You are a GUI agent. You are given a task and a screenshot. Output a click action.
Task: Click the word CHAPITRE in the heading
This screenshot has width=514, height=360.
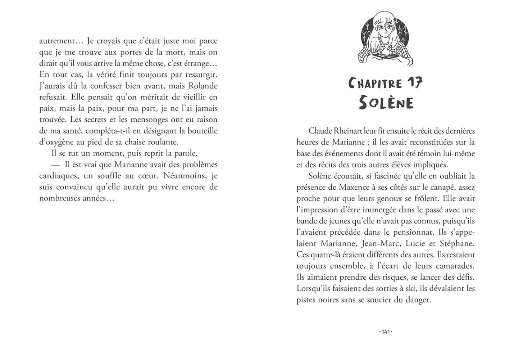[x=376, y=84]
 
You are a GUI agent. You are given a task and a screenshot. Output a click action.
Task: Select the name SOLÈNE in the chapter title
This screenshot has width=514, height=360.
[x=386, y=103]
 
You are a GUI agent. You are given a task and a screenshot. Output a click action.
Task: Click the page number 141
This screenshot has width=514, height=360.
[x=386, y=332]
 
